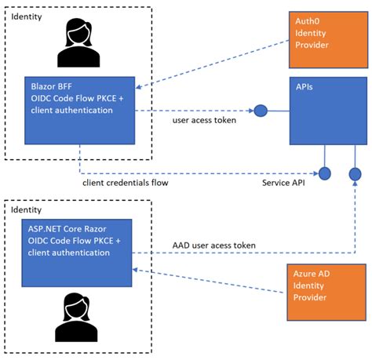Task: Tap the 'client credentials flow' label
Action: coord(124,184)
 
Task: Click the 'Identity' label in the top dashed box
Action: coord(28,16)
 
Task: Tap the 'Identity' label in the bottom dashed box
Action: coord(28,210)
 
